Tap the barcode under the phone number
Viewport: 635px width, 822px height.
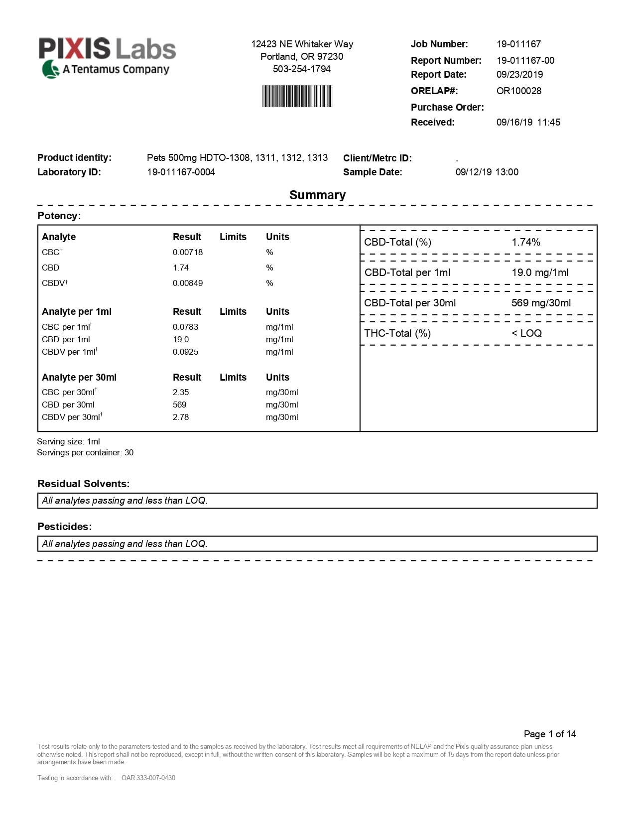[297, 96]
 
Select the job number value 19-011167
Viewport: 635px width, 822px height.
[518, 44]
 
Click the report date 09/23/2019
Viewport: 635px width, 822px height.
[519, 74]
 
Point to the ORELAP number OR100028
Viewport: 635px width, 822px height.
[518, 91]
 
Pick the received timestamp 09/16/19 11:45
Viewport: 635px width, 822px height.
[528, 122]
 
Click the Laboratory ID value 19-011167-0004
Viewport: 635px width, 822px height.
[181, 172]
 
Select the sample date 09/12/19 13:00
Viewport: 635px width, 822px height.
[487, 172]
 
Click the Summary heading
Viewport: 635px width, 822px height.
[317, 195]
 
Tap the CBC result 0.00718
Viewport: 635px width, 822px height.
[188, 252]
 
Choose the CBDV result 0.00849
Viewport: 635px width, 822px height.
[188, 283]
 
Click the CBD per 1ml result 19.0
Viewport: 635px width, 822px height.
[181, 339]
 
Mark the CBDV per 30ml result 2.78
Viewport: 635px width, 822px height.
[181, 417]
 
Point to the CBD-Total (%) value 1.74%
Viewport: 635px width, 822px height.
[526, 242]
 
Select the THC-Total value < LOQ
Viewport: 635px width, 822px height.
[526, 333]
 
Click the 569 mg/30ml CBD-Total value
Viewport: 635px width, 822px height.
[541, 303]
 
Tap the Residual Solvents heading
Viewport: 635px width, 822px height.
[83, 484]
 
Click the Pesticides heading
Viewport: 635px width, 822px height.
[65, 527]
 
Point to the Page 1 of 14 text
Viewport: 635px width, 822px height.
[550, 734]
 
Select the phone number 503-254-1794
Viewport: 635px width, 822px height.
[302, 69]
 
